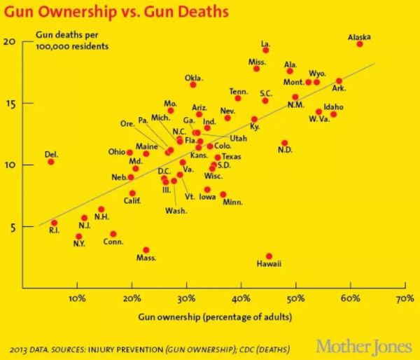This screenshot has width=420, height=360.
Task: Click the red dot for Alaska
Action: click(x=360, y=43)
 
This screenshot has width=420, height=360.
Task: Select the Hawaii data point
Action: click(x=269, y=256)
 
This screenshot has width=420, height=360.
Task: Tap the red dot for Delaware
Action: click(x=50, y=162)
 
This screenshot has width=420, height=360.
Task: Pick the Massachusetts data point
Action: click(x=146, y=250)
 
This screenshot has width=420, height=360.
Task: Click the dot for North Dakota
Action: click(x=284, y=143)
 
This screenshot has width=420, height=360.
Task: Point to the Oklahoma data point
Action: click(x=193, y=85)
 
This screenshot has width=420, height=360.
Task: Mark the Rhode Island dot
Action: click(x=54, y=223)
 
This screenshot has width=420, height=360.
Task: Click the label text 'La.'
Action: click(x=265, y=43)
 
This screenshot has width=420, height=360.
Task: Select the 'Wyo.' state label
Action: click(x=317, y=73)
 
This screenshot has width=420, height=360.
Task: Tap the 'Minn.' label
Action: click(x=232, y=202)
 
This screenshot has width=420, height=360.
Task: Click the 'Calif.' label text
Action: click(x=132, y=202)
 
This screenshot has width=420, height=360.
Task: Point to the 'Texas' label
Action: click(x=231, y=156)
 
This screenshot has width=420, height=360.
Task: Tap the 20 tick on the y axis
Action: click(x=9, y=41)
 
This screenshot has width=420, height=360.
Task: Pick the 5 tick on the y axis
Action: click(x=11, y=226)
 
